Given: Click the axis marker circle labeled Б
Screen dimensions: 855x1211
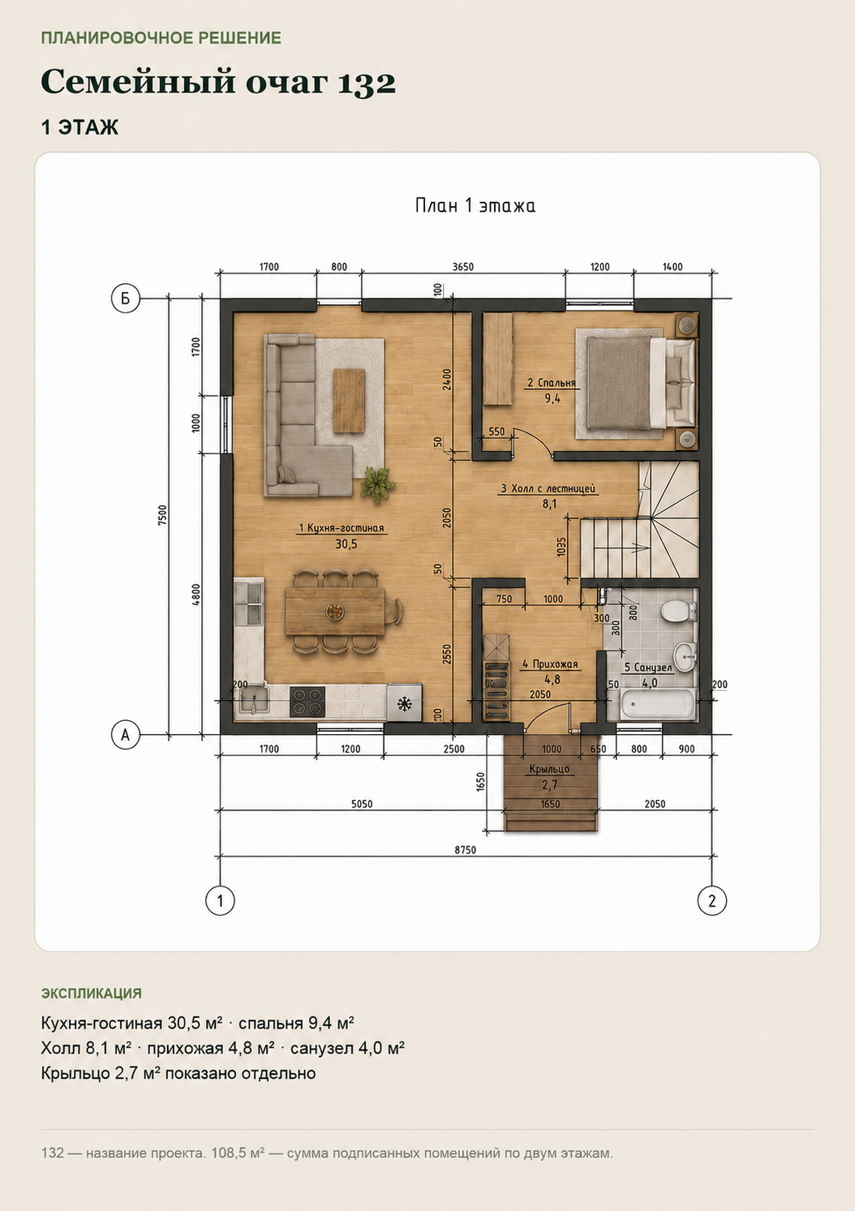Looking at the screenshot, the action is [x=126, y=298].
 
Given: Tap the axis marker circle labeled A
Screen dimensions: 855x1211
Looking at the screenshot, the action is [x=126, y=735].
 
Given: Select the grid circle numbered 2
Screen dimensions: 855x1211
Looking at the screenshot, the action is [x=711, y=900].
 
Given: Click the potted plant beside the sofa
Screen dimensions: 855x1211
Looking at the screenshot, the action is [x=377, y=484].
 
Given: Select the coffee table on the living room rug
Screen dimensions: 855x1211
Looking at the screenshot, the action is [x=348, y=400].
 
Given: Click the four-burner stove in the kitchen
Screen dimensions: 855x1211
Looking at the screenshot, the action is [x=307, y=702].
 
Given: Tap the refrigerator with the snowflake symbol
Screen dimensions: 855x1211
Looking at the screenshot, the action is [x=403, y=702].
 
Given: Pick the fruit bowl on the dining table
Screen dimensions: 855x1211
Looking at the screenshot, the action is [x=333, y=610].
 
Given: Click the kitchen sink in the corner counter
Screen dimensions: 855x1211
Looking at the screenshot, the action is [x=254, y=701].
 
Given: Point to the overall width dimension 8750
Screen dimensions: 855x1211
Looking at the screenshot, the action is [x=465, y=849].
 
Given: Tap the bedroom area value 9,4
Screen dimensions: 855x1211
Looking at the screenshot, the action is [x=552, y=399].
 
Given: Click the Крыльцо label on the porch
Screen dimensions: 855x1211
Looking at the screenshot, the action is [x=549, y=769].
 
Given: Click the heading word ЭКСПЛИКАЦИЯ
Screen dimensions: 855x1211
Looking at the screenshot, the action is [x=92, y=993].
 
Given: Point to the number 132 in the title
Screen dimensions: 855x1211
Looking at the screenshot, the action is [x=367, y=83].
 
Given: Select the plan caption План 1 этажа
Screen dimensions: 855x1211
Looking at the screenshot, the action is [x=475, y=206].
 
